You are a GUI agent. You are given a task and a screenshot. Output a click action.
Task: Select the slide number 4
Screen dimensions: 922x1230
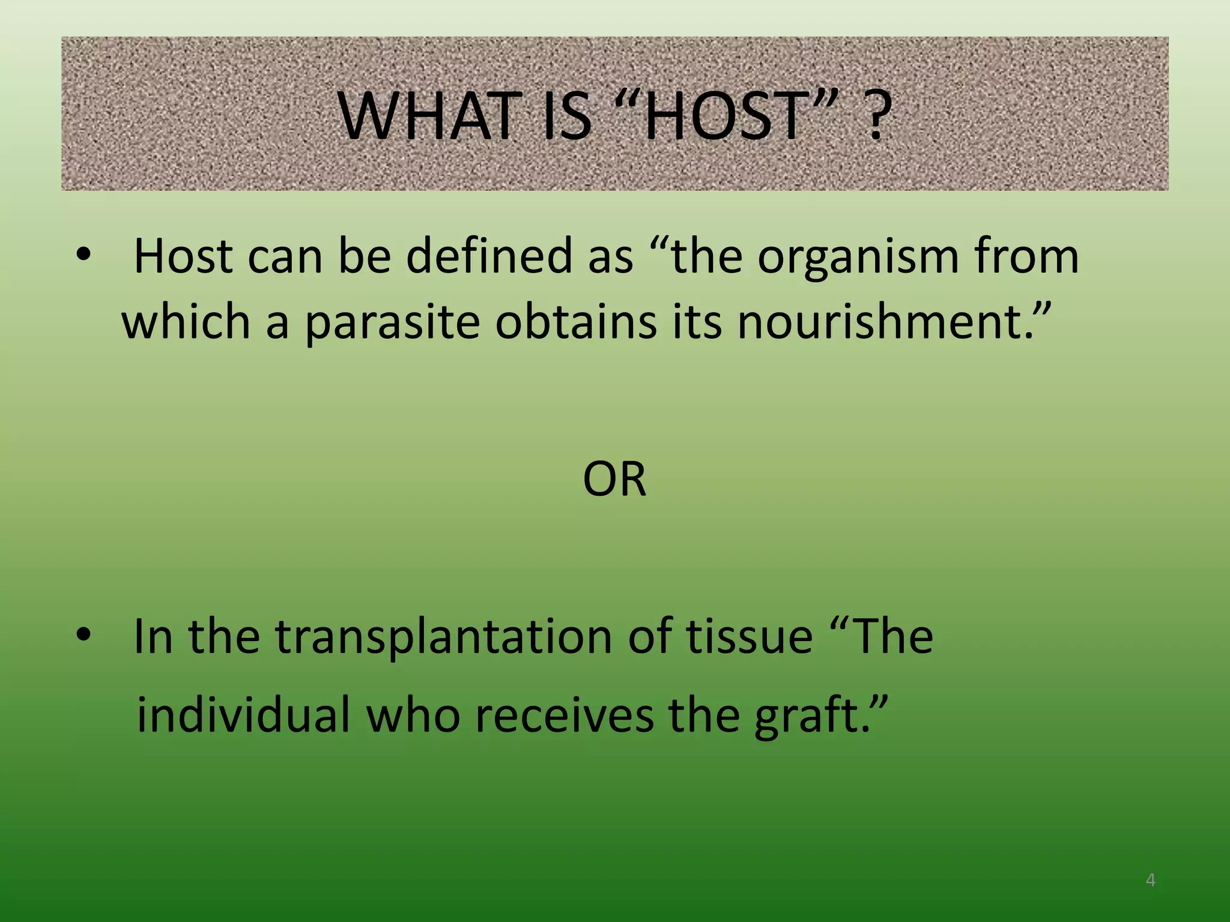(1150, 880)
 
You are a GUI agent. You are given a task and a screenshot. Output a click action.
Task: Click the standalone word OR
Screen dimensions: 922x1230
(614, 480)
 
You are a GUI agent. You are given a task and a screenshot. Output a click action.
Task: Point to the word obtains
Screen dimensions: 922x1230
(576, 322)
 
